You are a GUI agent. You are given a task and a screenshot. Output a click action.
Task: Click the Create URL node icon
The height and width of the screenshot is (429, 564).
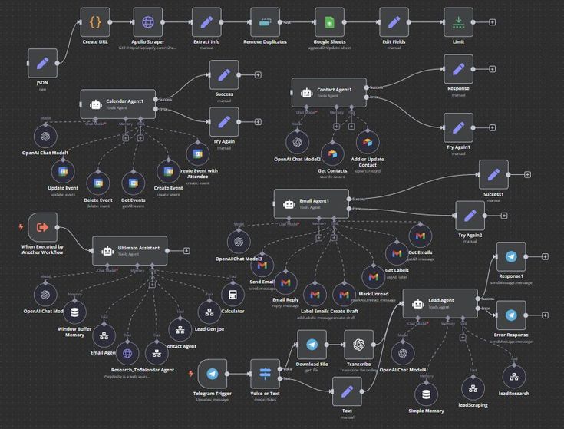tap(95, 22)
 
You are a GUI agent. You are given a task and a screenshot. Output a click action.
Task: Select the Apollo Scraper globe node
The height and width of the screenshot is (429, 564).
tap(147, 22)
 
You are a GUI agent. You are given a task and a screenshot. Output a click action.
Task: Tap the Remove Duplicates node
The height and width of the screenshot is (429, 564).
tap(265, 22)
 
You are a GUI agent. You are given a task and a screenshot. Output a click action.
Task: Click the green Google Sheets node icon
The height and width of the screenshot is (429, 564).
tap(329, 22)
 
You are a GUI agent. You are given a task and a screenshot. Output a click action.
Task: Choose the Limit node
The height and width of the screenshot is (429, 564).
tap(458, 22)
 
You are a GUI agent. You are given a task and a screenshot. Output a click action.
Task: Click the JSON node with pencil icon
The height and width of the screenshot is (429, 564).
tap(42, 63)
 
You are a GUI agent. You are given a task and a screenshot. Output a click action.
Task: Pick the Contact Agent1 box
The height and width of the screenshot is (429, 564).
tap(328, 92)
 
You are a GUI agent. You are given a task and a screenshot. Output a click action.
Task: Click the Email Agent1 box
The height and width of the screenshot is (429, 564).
tap(311, 204)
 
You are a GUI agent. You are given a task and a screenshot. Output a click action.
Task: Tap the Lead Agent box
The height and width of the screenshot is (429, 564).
tap(440, 303)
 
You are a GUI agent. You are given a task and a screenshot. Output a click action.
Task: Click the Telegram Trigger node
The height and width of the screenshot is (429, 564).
tap(213, 374)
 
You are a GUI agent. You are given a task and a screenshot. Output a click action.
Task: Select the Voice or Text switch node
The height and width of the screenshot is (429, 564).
tap(266, 374)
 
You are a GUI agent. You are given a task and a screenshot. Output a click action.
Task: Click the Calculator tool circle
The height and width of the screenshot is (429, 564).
tap(233, 295)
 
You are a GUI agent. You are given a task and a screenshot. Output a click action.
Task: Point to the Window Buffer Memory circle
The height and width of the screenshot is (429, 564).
tap(74, 312)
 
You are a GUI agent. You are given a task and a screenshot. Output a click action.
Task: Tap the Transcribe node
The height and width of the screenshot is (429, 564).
tap(358, 345)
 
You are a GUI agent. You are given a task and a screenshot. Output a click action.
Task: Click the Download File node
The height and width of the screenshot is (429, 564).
tap(312, 345)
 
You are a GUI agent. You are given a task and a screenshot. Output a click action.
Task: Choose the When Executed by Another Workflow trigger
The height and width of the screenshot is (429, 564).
tap(42, 227)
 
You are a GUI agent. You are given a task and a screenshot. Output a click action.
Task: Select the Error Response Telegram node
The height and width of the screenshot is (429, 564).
tap(511, 315)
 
